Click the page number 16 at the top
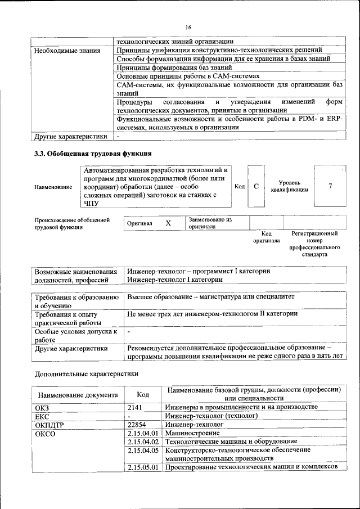point(188,27)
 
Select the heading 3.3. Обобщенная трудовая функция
point(93,153)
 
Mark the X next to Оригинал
point(168,223)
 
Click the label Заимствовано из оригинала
point(210,223)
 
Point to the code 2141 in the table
point(136,407)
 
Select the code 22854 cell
point(138,425)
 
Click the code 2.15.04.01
point(143,433)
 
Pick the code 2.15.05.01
point(143,467)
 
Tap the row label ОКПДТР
point(50,425)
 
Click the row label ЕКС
point(43,416)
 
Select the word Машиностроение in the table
point(192,433)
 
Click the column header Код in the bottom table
point(143,394)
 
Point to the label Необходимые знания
point(67,51)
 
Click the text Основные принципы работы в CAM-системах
point(188,76)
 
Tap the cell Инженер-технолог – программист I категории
point(199,271)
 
